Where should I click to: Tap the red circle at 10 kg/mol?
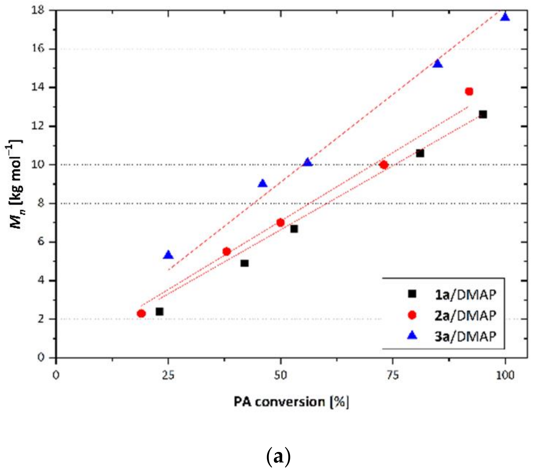click(384, 165)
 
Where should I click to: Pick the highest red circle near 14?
click(469, 92)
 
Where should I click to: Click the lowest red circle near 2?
click(141, 314)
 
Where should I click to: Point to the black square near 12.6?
click(483, 115)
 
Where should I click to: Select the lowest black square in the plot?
click(159, 311)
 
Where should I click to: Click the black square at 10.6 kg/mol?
click(420, 153)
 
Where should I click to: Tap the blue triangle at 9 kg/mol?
click(263, 184)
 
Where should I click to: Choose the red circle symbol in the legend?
click(412, 315)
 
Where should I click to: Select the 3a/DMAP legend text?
click(465, 337)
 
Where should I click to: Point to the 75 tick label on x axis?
click(393, 376)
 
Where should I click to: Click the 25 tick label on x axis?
click(168, 376)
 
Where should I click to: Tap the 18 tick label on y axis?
click(38, 11)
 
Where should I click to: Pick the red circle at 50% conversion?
click(280, 223)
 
